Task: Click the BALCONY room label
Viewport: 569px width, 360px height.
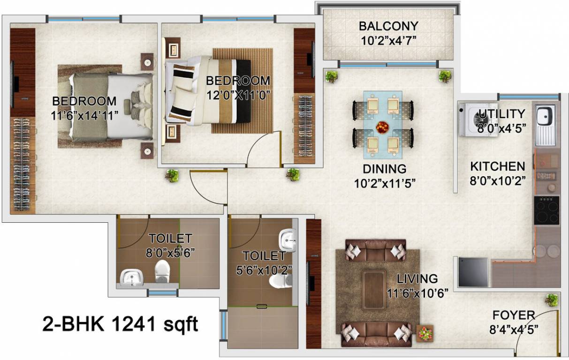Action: pyautogui.click(x=388, y=26)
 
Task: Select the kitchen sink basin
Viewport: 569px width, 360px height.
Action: pyautogui.click(x=545, y=115)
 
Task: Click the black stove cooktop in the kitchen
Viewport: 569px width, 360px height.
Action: pyautogui.click(x=546, y=210)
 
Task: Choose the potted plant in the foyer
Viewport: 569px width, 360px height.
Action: pyautogui.click(x=552, y=300)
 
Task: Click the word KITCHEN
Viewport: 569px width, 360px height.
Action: pyautogui.click(x=497, y=166)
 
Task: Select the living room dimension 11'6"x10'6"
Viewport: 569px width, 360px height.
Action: pyautogui.click(x=417, y=293)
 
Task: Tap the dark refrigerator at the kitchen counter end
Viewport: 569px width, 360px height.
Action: pyautogui.click(x=473, y=271)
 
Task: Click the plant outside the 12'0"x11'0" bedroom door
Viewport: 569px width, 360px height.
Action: pyautogui.click(x=293, y=174)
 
